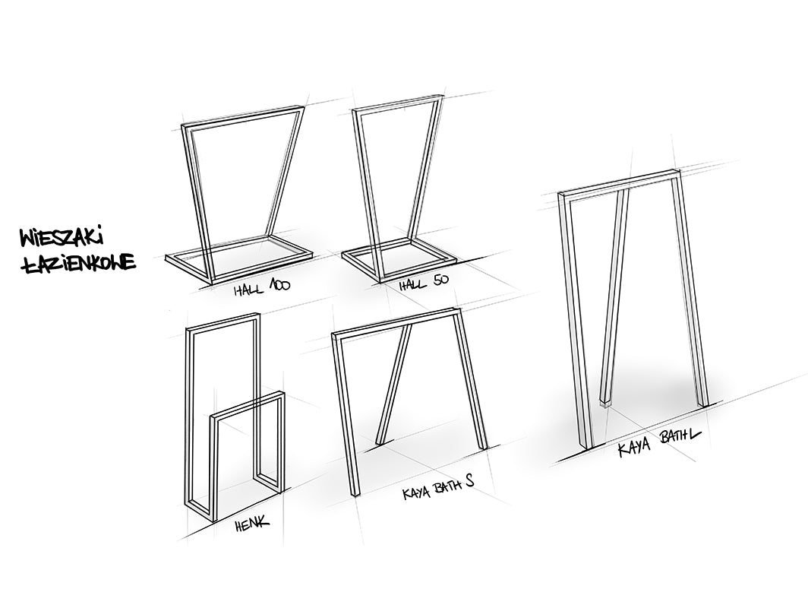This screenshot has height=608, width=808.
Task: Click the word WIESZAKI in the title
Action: click(x=61, y=239)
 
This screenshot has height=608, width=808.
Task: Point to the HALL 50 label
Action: click(x=424, y=283)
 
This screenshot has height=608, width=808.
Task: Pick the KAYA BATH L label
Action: click(x=659, y=443)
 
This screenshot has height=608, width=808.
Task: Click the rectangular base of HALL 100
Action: click(x=239, y=261)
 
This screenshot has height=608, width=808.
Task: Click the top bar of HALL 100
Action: click(x=242, y=116)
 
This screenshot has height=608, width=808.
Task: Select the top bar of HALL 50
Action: click(x=396, y=103)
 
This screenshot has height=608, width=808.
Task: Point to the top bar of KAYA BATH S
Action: click(x=395, y=321)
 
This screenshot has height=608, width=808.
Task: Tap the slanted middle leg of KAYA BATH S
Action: click(x=395, y=384)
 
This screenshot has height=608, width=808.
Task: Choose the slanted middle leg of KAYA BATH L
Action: click(x=614, y=297)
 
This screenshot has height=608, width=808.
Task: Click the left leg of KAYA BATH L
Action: click(x=576, y=320)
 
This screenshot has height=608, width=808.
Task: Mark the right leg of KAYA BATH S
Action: click(x=471, y=379)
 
